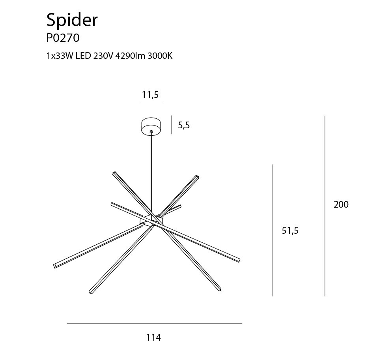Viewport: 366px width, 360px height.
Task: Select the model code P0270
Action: point(63,38)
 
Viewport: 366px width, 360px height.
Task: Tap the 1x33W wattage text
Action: point(60,56)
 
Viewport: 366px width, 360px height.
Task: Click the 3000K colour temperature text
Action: point(160,56)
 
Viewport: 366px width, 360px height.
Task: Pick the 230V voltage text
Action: point(103,56)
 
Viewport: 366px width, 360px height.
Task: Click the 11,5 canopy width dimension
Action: point(150,95)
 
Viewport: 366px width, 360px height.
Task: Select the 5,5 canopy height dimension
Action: point(184,126)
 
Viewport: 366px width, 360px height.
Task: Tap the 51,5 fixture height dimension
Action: point(290,231)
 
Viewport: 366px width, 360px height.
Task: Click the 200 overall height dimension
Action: point(341,204)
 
